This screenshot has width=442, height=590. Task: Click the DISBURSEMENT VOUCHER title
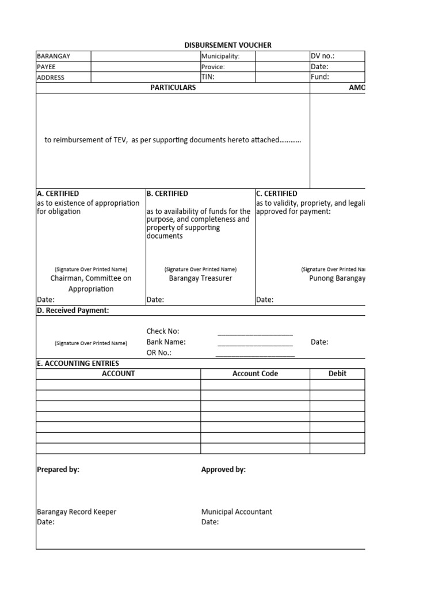pyautogui.click(x=227, y=45)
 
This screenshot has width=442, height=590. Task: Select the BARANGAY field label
pyautogui.click(x=54, y=56)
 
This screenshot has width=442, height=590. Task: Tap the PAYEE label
pyautogui.click(x=47, y=67)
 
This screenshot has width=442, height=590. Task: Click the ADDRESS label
pyautogui.click(x=51, y=78)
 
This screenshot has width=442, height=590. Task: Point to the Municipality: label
pyautogui.click(x=220, y=56)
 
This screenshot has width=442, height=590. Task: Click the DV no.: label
pyautogui.click(x=323, y=56)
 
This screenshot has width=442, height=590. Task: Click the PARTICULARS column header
pyautogui.click(x=173, y=88)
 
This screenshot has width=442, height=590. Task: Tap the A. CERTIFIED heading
pyautogui.click(x=58, y=194)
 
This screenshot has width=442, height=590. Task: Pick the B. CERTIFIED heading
pyautogui.click(x=167, y=194)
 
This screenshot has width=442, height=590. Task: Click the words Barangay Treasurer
pyautogui.click(x=200, y=278)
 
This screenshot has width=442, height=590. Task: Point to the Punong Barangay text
pyautogui.click(x=337, y=278)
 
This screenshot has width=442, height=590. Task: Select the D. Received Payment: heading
pyautogui.click(x=73, y=311)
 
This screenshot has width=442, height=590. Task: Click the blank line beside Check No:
pyautogui.click(x=255, y=333)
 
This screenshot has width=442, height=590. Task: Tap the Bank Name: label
pyautogui.click(x=166, y=342)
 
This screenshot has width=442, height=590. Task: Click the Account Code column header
pyautogui.click(x=255, y=373)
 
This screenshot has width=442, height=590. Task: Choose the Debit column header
pyautogui.click(x=337, y=373)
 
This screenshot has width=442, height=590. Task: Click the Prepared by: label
pyautogui.click(x=58, y=470)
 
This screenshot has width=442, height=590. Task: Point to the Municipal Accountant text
pyautogui.click(x=237, y=512)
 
